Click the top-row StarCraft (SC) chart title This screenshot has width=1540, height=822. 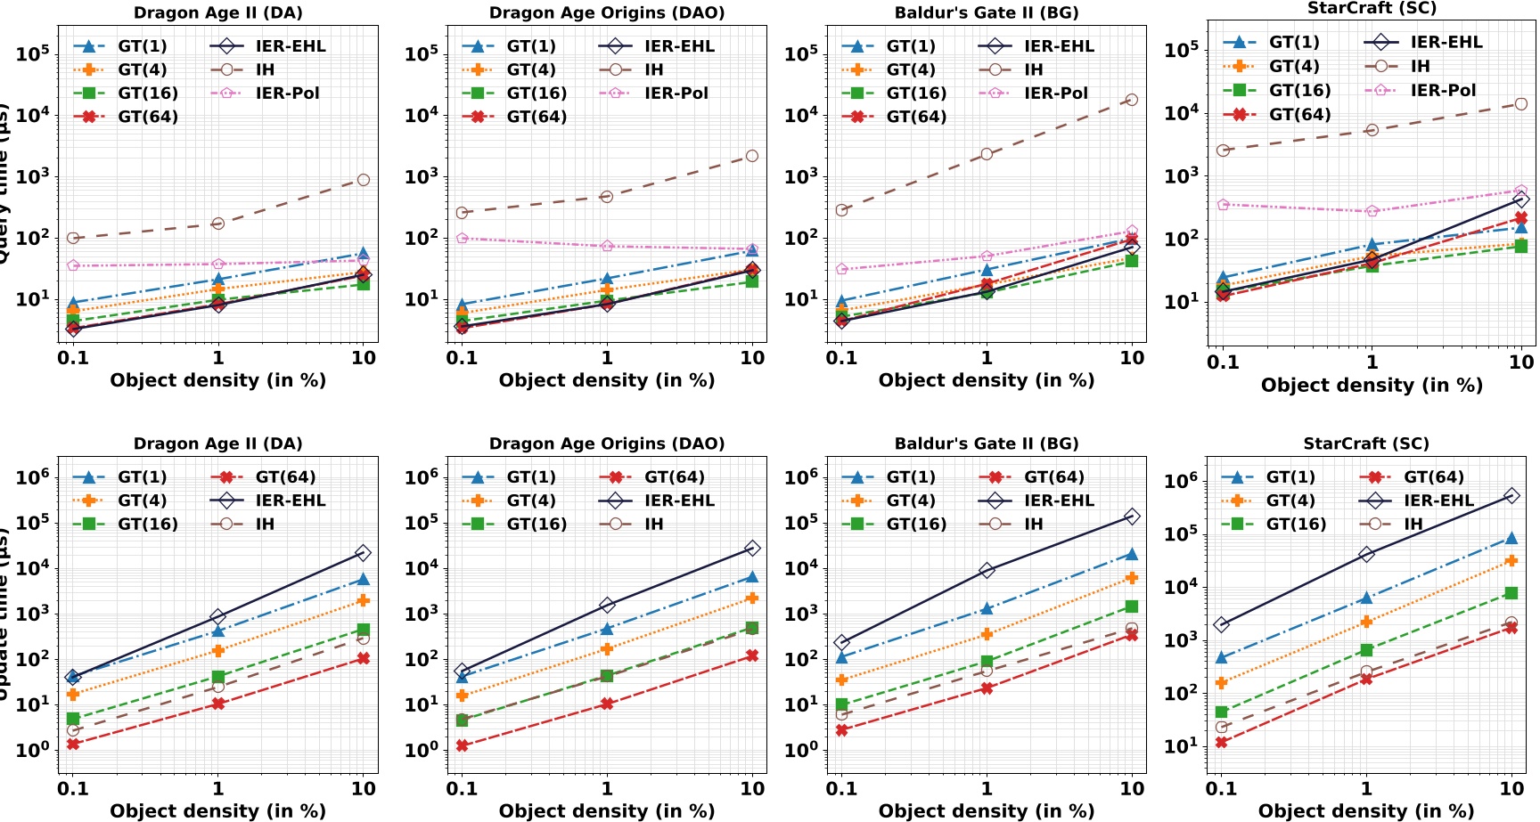click(x=1372, y=8)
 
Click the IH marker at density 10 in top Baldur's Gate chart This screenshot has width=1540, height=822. click(x=1132, y=100)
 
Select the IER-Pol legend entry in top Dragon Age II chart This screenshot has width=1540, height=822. click(x=287, y=93)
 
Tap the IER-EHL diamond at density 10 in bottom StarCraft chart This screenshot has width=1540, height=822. click(x=1511, y=495)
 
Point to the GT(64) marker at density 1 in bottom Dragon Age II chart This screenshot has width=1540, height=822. click(x=218, y=704)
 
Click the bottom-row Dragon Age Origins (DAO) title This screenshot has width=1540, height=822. click(x=606, y=444)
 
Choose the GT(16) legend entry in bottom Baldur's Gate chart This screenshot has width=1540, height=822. click(x=915, y=524)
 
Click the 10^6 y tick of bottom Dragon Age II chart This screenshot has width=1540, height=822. click(x=32, y=477)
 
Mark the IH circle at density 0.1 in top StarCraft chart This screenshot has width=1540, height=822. click(x=1224, y=151)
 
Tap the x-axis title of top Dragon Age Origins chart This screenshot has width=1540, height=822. click(x=606, y=380)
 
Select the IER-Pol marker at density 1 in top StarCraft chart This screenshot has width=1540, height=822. click(x=1372, y=211)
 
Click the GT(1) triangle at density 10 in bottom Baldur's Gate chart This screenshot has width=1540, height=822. click(x=1132, y=554)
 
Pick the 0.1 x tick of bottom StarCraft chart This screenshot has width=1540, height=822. click(x=1222, y=788)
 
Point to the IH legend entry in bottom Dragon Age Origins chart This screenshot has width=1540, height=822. click(x=653, y=524)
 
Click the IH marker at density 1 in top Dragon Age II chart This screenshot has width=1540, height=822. click(x=218, y=223)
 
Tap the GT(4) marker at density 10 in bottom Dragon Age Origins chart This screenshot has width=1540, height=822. click(x=752, y=598)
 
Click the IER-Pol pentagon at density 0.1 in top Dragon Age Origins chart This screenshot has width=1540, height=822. click(x=462, y=239)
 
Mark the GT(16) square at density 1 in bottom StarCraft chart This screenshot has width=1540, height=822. click(x=1366, y=650)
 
